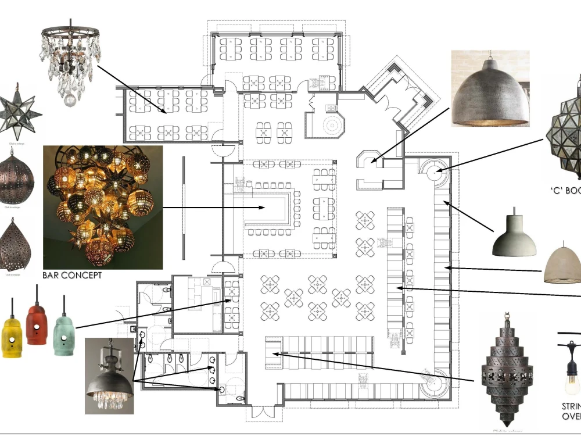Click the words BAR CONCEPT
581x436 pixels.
tap(72, 275)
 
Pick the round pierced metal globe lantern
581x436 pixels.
tap(16, 177)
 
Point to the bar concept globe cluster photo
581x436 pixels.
tap(103, 206)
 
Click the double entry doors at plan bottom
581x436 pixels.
tap(260, 413)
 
